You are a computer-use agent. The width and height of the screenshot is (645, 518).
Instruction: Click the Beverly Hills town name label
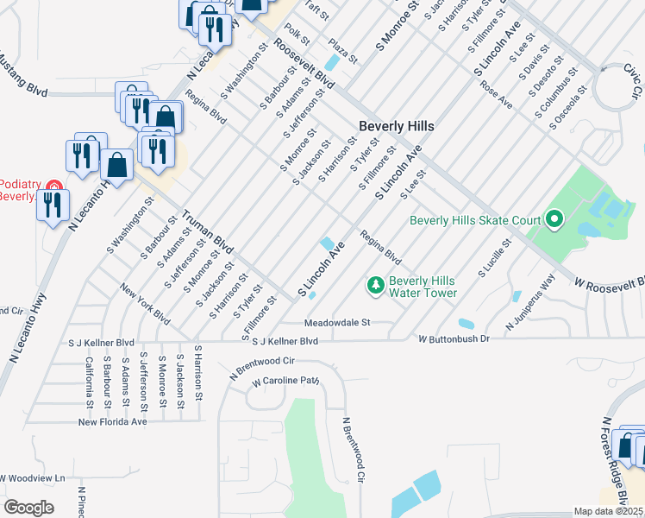[396, 126]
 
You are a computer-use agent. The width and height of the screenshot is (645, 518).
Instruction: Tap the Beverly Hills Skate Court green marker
[554, 220]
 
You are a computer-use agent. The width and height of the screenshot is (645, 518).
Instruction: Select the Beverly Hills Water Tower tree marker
[375, 284]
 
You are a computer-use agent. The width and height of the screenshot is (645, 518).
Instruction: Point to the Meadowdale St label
[336, 323]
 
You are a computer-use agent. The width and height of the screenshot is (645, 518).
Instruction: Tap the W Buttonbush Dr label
[454, 339]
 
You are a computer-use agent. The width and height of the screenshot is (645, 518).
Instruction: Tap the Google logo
[28, 508]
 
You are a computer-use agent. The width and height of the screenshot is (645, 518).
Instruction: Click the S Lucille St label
[495, 260]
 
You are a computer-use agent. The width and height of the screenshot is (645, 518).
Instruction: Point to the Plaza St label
[341, 51]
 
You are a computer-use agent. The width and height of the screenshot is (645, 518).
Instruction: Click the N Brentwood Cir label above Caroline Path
[263, 366]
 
